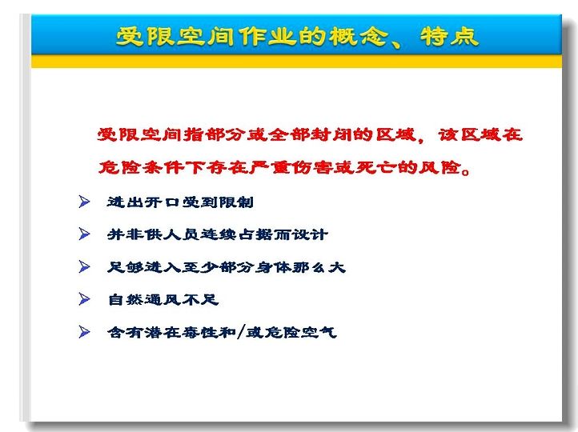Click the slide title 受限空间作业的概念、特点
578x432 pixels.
click(297, 37)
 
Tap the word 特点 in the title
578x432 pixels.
click(449, 37)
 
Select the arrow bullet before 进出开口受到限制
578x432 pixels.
click(84, 202)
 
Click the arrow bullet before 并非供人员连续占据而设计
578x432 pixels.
click(84, 234)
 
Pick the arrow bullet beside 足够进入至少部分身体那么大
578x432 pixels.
click(84, 266)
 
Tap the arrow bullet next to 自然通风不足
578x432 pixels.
click(84, 299)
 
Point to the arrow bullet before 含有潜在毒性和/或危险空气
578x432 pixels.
click(84, 332)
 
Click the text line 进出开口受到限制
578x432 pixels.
click(180, 202)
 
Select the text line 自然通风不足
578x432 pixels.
click(163, 299)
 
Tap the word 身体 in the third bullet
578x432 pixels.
click(273, 267)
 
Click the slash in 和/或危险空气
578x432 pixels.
click(241, 332)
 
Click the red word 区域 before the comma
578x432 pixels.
click(396, 134)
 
